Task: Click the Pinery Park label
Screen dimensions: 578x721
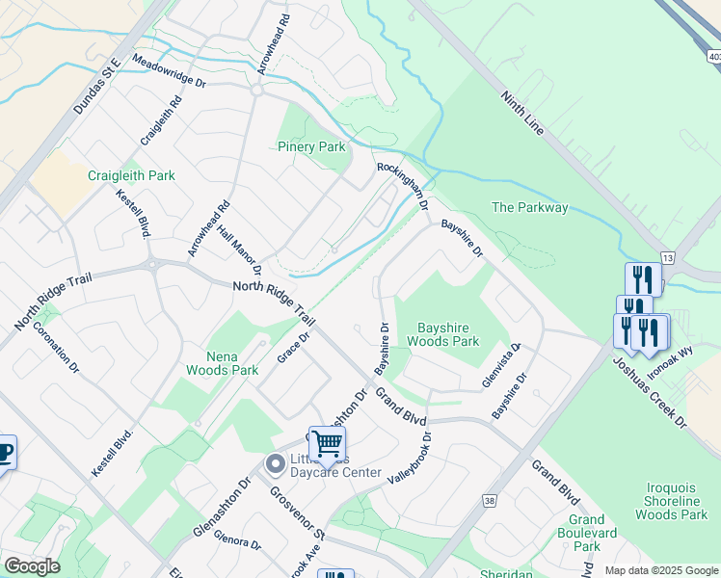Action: pos(310,147)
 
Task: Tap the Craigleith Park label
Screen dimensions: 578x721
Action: pos(131,175)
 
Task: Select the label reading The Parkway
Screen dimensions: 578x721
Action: pos(529,207)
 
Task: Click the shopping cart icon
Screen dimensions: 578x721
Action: pos(328,443)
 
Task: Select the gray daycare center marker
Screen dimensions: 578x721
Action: pos(275,464)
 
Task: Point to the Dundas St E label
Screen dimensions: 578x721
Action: pos(95,86)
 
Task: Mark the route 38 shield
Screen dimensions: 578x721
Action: pos(490,501)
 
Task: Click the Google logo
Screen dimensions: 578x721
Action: pos(32,566)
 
